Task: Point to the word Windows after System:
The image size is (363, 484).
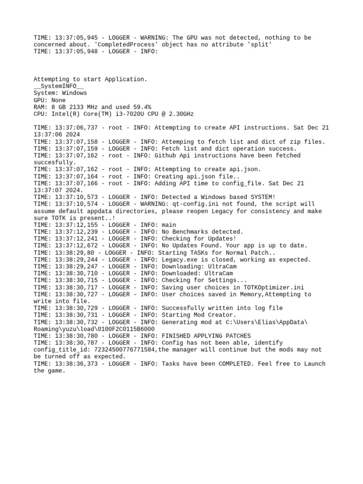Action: (74, 93)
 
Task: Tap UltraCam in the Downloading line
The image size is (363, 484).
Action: (218, 267)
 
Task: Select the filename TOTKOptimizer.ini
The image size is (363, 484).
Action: (272, 287)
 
